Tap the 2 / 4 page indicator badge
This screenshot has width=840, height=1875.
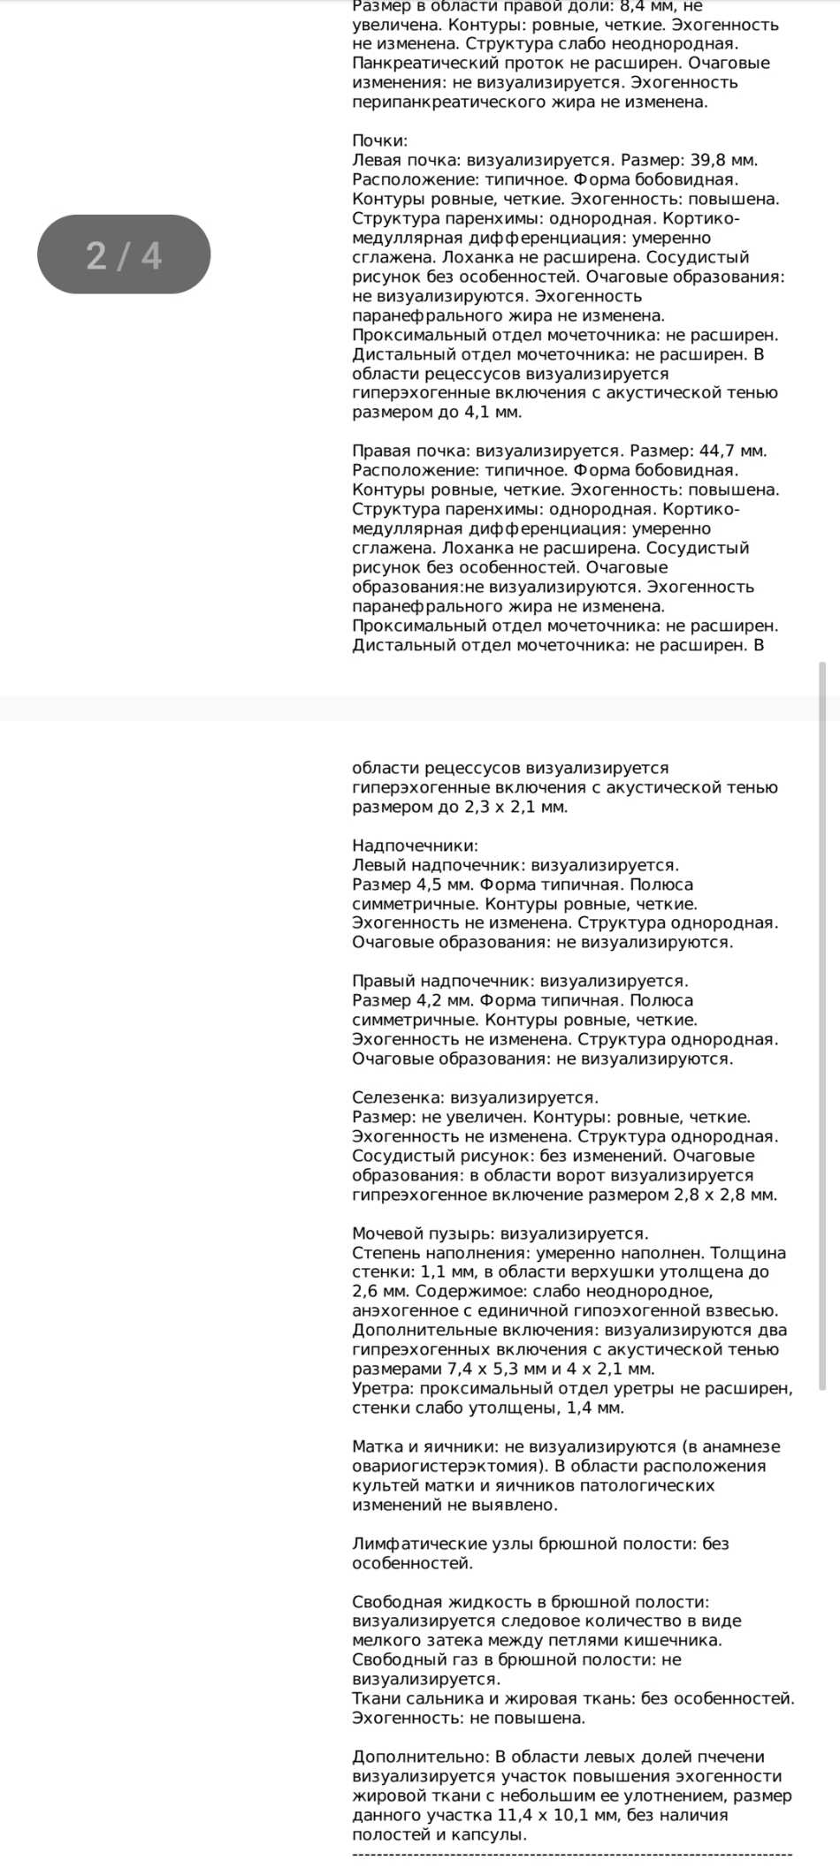tap(124, 254)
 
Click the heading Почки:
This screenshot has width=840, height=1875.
tap(380, 141)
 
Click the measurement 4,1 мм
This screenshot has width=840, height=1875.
tap(493, 413)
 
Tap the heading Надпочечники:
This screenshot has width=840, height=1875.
tap(415, 846)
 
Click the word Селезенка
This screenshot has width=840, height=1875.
tap(397, 1098)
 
